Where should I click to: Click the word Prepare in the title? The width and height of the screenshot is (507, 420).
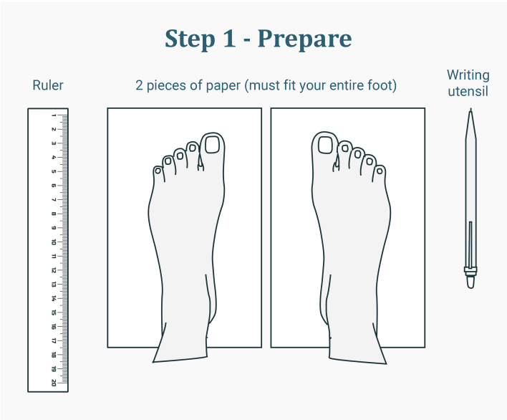(304, 39)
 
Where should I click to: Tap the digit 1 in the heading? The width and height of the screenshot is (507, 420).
(228, 38)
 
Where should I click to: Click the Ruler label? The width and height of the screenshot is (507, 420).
(48, 85)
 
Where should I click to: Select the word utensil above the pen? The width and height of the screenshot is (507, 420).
(468, 91)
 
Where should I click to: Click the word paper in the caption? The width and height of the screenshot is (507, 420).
(223, 86)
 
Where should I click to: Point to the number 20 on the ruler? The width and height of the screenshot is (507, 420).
(54, 383)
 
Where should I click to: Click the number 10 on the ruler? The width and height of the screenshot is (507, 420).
(54, 242)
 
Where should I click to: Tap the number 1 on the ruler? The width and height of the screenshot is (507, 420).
(54, 115)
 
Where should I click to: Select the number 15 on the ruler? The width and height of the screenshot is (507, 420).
(54, 312)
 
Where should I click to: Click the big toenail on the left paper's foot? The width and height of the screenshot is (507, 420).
(212, 145)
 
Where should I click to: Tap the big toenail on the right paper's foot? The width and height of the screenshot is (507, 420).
(325, 145)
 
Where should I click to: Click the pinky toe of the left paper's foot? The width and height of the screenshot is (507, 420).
(158, 173)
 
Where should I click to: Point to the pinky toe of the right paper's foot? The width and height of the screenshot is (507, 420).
(380, 173)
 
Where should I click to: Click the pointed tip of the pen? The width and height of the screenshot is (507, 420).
(470, 109)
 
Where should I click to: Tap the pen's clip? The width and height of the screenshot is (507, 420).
(470, 244)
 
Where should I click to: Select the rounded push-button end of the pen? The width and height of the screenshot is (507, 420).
(470, 282)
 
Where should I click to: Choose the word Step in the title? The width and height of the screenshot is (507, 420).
(190, 39)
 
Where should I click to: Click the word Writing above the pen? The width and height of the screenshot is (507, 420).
(468, 75)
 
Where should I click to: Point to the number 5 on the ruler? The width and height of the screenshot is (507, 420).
(54, 171)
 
